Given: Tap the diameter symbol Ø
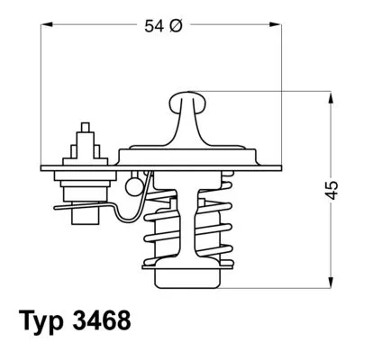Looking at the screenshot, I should click(x=177, y=27).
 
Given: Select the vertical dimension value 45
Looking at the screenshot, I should click(x=332, y=189).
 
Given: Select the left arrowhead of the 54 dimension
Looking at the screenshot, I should click(x=46, y=27).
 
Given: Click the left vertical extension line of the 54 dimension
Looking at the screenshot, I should click(x=41, y=99).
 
